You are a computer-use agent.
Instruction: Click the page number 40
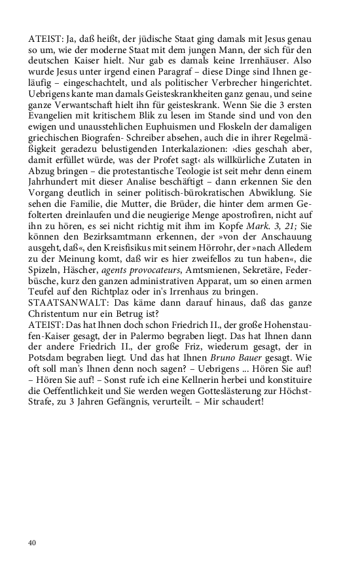[32, 543]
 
